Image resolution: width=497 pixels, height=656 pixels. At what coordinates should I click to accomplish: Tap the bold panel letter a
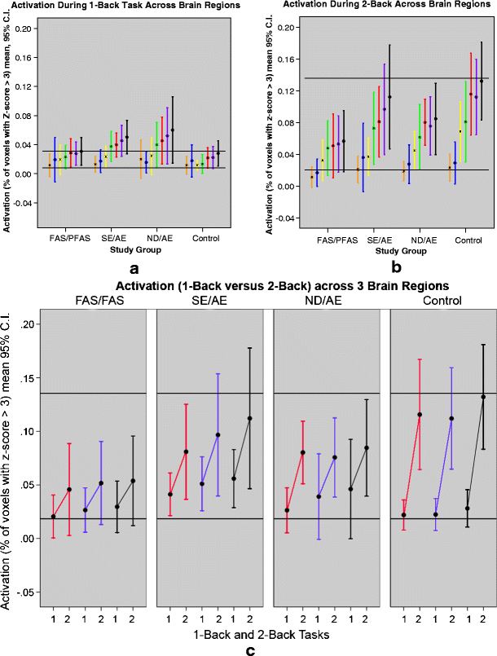pyautogui.click(x=132, y=267)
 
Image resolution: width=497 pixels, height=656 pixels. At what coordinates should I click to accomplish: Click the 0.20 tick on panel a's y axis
pyautogui.click(x=27, y=29)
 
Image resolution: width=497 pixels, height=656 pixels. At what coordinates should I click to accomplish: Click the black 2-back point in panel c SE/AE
pyautogui.click(x=250, y=418)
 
